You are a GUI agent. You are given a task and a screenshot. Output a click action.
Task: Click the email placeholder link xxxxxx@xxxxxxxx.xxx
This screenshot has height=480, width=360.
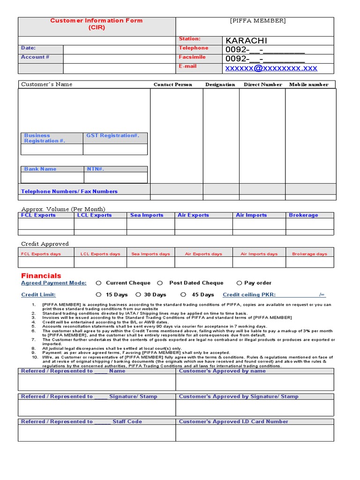pos(271,68)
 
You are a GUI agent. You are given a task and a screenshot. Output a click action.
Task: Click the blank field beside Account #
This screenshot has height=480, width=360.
pos(119,59)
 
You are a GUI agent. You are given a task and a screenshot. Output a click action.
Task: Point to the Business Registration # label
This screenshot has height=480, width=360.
pos(45,138)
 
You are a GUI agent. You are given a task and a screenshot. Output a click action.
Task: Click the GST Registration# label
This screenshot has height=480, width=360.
pos(112,135)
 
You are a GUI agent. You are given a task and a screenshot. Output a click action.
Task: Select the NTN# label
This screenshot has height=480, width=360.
pos(96,169)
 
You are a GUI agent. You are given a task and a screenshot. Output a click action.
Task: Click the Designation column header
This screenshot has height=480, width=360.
pos(220,85)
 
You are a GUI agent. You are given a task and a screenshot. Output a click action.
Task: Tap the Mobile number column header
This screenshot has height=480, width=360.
pos(308,85)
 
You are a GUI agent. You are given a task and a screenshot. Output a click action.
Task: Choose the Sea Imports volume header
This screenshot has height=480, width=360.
pos(147,215)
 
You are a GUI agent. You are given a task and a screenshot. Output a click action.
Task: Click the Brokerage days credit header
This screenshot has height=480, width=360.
pos(309,254)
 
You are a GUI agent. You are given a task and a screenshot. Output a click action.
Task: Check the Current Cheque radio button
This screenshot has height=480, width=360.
pos(98,283)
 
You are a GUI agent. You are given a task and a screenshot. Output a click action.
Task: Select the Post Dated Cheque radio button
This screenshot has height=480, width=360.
pos(160,283)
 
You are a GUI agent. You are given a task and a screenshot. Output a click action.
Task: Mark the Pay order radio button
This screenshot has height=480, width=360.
pos(239,283)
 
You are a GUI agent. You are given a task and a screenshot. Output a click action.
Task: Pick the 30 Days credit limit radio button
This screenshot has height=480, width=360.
pos(138,295)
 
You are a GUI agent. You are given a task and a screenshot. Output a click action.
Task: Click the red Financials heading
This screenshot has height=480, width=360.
pos(41,276)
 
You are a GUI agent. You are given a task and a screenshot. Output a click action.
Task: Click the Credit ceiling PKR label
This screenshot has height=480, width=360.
pos(249,295)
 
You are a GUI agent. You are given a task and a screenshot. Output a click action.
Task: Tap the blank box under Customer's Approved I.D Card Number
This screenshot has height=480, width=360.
pos(255,433)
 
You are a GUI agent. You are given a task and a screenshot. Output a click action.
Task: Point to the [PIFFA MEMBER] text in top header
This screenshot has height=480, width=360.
pos(257,21)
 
